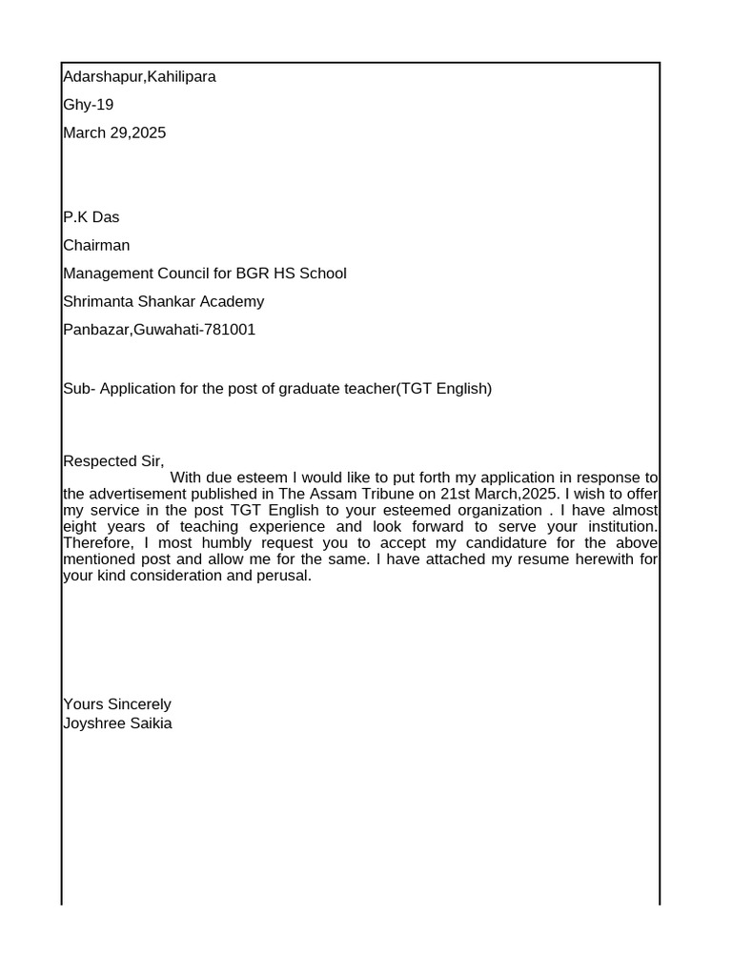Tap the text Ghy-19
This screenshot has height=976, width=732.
click(88, 105)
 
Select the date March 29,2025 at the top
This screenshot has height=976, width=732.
click(114, 132)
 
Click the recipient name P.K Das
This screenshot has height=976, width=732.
click(91, 217)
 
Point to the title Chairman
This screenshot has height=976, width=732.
click(96, 245)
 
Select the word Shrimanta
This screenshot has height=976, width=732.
click(97, 302)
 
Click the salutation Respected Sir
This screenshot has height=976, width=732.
click(113, 461)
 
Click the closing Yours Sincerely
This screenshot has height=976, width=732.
click(117, 704)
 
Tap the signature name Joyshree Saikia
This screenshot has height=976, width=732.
click(117, 723)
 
